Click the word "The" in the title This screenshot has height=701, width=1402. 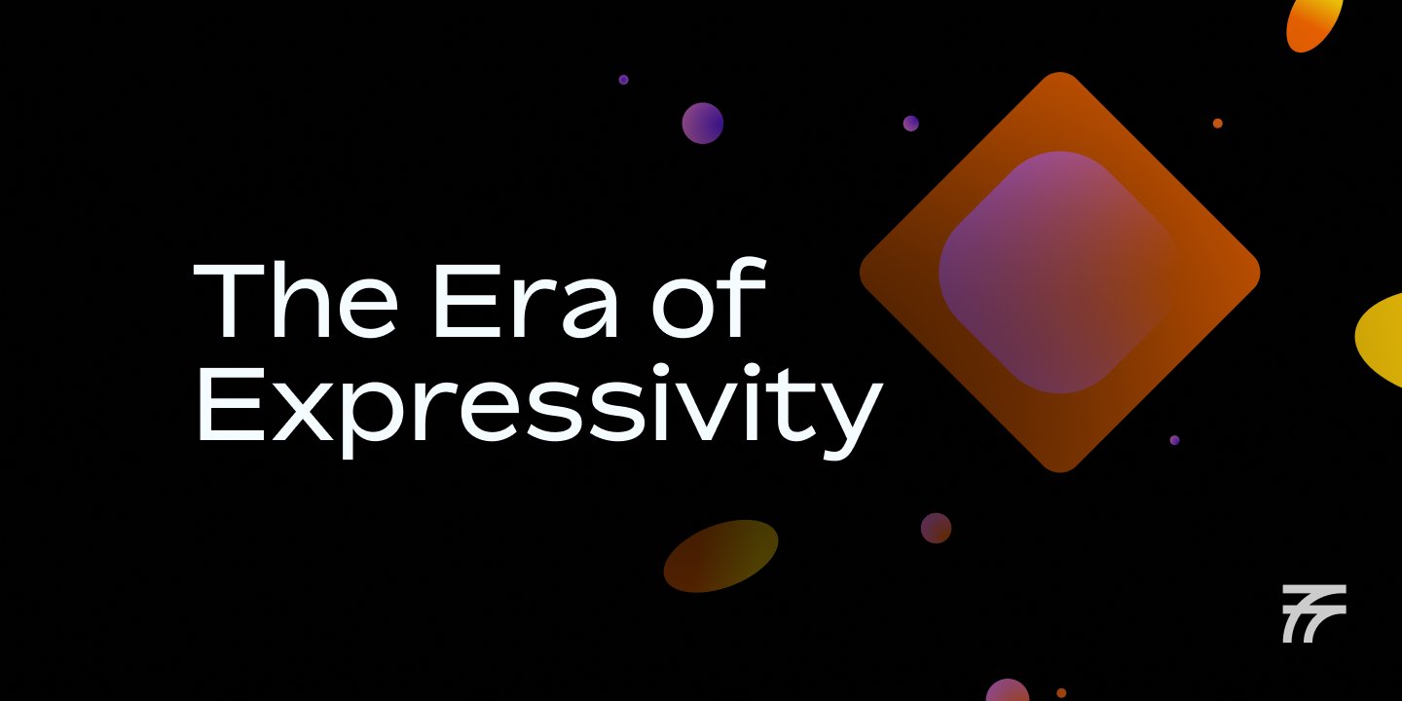click(x=295, y=300)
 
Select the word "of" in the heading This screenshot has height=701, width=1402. click(x=709, y=297)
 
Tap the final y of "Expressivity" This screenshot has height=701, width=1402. click(x=852, y=420)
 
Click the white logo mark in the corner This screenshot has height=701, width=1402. click(x=1313, y=613)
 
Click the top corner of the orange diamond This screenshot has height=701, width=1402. click(x=1059, y=73)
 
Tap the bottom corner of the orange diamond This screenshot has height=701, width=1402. click(x=1059, y=472)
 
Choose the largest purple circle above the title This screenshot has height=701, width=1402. click(x=702, y=124)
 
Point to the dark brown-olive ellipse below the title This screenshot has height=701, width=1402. click(x=721, y=556)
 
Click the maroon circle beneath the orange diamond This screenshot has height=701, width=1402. click(x=936, y=528)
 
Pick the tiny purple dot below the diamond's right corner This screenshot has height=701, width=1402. click(x=1174, y=440)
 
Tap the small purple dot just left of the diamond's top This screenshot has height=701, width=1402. click(x=910, y=124)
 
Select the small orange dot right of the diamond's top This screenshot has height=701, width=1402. click(x=1217, y=124)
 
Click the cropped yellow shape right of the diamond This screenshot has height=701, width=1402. click(x=1382, y=340)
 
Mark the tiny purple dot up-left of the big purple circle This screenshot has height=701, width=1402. click(x=623, y=80)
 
